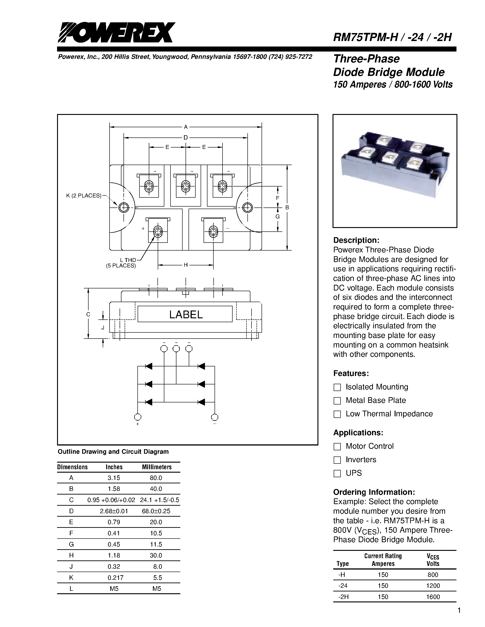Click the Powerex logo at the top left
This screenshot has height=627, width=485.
point(116,32)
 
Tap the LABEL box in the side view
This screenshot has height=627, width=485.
point(185,314)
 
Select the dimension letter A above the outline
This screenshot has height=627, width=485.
point(186,127)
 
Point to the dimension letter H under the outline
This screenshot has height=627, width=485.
point(186,265)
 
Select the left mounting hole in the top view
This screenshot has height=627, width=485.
point(123,207)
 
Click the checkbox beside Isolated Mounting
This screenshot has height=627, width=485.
point(337,387)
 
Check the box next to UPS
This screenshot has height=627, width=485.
point(337,473)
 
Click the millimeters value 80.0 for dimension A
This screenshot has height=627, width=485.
point(156,478)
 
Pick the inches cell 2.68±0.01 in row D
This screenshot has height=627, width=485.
point(114,511)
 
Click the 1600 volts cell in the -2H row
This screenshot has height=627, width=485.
point(433,597)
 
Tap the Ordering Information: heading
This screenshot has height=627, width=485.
point(374,492)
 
